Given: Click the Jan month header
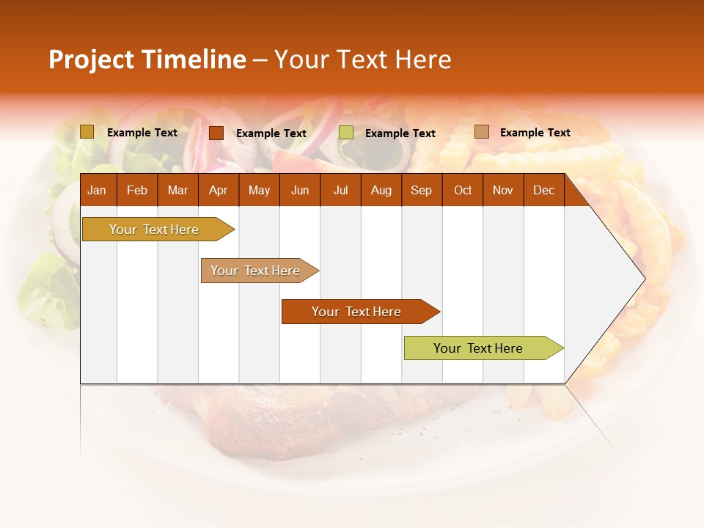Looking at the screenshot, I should [97, 190].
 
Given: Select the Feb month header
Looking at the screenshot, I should [137, 190].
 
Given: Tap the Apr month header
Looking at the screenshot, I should [218, 190].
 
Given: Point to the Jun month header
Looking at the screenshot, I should [300, 190].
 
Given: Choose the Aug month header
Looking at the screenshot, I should [381, 190].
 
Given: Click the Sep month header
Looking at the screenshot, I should [421, 190].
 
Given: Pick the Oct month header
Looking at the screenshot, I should [463, 190].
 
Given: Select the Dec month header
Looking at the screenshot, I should [543, 190].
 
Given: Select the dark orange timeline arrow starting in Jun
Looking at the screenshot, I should [357, 312].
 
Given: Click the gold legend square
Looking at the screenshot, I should [87, 132].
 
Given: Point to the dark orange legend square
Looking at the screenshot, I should [216, 133].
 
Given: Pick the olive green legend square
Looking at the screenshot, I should [346, 133].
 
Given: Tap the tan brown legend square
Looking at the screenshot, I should [481, 132].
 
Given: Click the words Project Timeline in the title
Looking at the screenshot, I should [147, 59].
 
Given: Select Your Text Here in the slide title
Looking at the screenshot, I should [362, 59].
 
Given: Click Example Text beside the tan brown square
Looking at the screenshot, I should [535, 133].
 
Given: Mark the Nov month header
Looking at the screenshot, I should [503, 190].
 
